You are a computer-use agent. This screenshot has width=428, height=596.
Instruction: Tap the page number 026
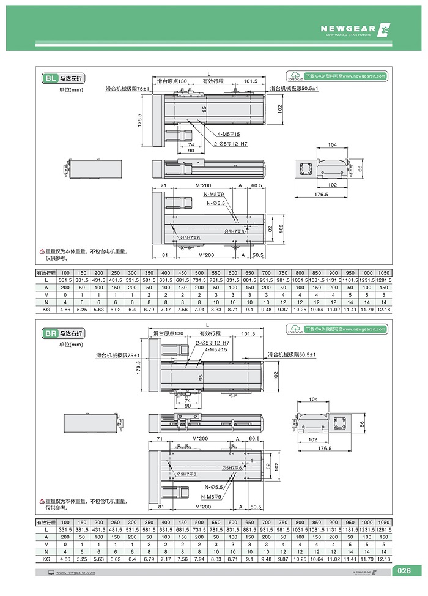(404, 572)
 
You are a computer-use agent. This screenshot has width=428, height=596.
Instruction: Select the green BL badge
(50, 78)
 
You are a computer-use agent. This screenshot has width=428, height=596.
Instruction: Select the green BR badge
(50, 334)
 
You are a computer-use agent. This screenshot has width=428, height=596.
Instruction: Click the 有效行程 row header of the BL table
(46, 272)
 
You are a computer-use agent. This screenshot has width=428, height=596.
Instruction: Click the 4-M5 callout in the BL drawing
(227, 134)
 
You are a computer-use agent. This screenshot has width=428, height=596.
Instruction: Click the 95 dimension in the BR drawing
(197, 378)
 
